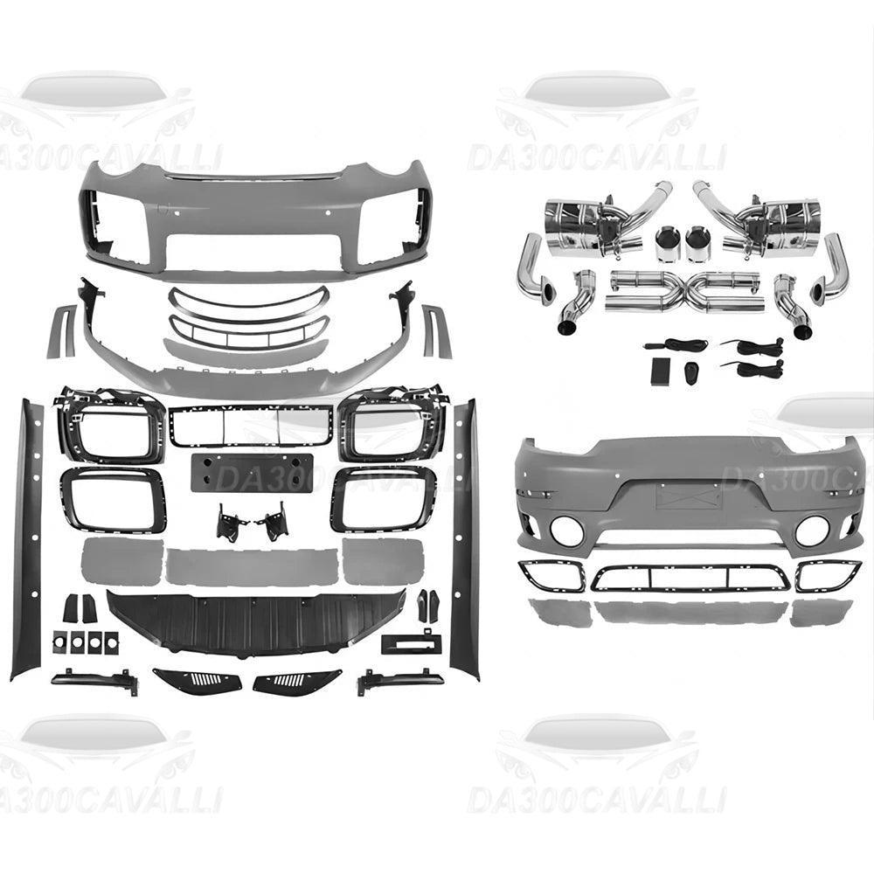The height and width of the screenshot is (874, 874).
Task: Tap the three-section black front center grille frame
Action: (x=251, y=426)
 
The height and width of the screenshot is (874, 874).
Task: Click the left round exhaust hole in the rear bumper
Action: (x=565, y=530)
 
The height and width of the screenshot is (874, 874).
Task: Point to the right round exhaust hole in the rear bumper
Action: (x=811, y=530)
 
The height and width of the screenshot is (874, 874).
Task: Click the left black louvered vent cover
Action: (x=197, y=679)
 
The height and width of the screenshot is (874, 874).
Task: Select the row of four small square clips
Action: (x=86, y=642)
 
